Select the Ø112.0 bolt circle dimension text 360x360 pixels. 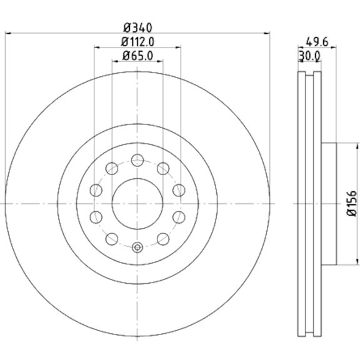(x=138, y=42)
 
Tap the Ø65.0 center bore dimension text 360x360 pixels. (x=138, y=56)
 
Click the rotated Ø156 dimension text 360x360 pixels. (x=352, y=204)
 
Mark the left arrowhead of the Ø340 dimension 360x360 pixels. (x=7, y=33)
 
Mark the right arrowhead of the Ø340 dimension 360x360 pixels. (x=269, y=33)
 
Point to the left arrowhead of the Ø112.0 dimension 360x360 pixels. (x=97, y=47)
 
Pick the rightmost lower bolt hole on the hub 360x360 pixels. (x=179, y=217)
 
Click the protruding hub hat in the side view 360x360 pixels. (x=329, y=204)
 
